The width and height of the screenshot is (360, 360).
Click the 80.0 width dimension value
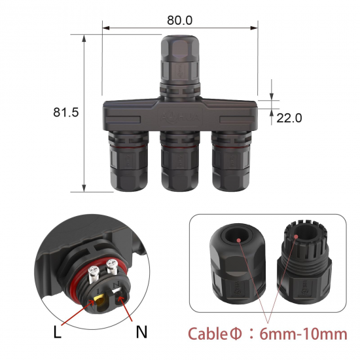coord(180,20)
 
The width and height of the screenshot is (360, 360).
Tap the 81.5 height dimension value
coord(65,113)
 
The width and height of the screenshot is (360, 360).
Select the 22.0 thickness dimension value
coord(289,118)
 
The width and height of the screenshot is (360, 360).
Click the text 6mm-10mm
coord(303,334)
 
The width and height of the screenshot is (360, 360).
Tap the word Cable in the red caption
coord(208,334)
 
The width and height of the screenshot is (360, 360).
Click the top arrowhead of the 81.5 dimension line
coord(85,37)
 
